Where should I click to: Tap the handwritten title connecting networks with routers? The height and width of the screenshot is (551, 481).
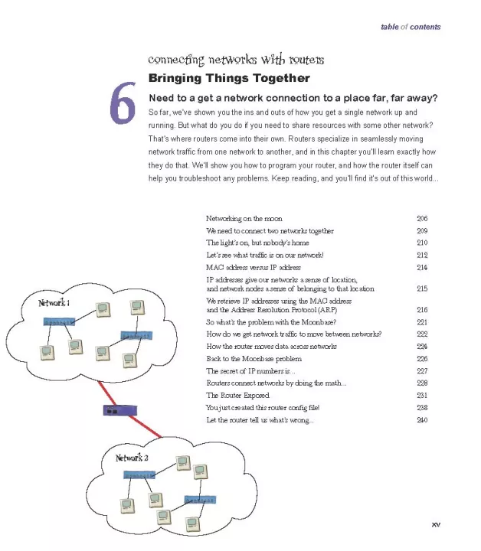pyautogui.click(x=235, y=60)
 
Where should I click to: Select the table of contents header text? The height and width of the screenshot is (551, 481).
pyautogui.click(x=411, y=28)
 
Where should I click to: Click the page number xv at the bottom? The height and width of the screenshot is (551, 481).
pyautogui.click(x=436, y=524)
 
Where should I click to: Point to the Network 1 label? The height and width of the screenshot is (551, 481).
pyautogui.click(x=54, y=303)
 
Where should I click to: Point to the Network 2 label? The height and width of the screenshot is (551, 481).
pyautogui.click(x=132, y=458)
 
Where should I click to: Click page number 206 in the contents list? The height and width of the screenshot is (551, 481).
pyautogui.click(x=422, y=219)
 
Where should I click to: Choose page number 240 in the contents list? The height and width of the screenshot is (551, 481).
pyautogui.click(x=422, y=420)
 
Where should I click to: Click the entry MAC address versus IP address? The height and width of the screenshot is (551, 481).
pyautogui.click(x=254, y=268)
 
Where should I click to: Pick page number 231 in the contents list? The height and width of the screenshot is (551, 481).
pyautogui.click(x=422, y=396)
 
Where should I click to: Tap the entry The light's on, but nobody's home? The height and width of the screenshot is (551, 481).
pyautogui.click(x=251, y=243)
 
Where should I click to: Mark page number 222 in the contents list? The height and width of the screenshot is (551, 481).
pyautogui.click(x=422, y=334)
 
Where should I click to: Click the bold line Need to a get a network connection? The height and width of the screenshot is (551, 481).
pyautogui.click(x=293, y=96)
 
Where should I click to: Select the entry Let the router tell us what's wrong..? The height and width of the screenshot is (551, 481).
pyautogui.click(x=260, y=420)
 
